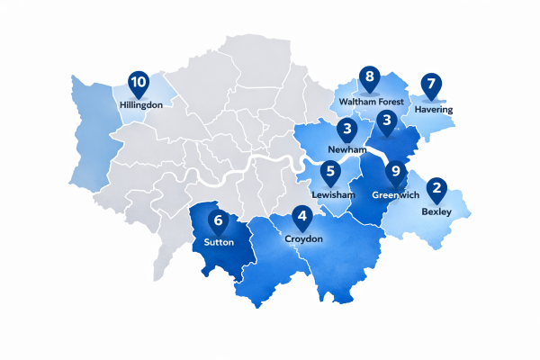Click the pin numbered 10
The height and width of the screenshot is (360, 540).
pyautogui.click(x=138, y=85)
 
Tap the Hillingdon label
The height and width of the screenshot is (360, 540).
pyautogui.click(x=140, y=105)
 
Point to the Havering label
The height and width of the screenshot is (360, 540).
pyautogui.click(x=434, y=110)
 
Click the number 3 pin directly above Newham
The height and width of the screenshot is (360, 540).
pyautogui.click(x=346, y=130)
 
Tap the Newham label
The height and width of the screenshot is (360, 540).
pyautogui.click(x=346, y=149)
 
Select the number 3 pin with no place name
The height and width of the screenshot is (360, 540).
pyautogui.click(x=387, y=121)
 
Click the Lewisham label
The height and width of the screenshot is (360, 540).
pyautogui.click(x=334, y=194)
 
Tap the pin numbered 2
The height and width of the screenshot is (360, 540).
pyautogui.click(x=437, y=189)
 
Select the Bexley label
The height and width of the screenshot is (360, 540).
pyautogui.click(x=437, y=212)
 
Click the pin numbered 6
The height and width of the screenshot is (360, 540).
pyautogui.click(x=217, y=221)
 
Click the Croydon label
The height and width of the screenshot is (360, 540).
pyautogui.click(x=303, y=240)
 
